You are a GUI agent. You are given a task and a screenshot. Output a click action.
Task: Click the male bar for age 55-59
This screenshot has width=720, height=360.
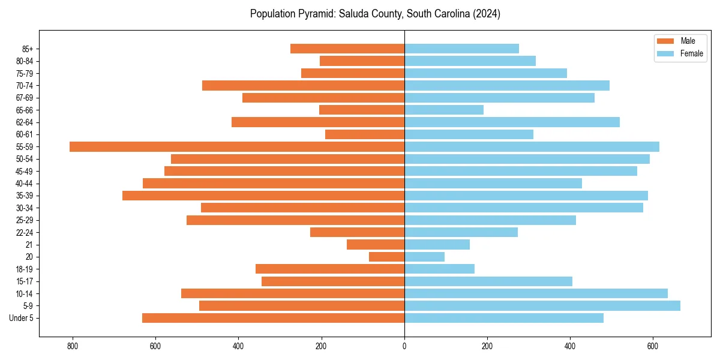[x=237, y=146]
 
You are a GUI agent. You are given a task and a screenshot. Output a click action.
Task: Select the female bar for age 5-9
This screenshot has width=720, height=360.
[x=542, y=305]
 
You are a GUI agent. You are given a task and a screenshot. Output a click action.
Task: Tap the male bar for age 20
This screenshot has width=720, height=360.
[x=386, y=257]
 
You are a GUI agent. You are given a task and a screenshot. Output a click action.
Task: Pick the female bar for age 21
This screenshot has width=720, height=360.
[x=437, y=244]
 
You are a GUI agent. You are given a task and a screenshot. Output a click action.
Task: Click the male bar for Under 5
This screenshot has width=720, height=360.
[x=273, y=318]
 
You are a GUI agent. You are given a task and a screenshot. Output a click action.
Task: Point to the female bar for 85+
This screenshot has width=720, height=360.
[x=461, y=49]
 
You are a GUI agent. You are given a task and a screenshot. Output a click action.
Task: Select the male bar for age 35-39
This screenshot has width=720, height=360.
[x=263, y=196]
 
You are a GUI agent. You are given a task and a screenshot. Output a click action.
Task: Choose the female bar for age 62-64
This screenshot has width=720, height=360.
[x=512, y=122]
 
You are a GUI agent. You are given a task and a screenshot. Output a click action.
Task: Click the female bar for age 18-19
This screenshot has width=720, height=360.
[x=439, y=269]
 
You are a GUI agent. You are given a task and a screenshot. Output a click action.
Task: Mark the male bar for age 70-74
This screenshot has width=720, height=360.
[x=303, y=85]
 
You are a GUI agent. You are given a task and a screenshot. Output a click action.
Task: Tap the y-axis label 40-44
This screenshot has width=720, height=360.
[x=25, y=184]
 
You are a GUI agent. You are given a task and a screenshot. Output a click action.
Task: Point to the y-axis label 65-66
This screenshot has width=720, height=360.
[x=25, y=110]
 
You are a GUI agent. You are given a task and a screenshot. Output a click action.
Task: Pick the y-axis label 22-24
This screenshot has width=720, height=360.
[x=25, y=232]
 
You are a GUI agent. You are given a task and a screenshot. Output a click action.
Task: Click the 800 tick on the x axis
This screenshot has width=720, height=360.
[x=73, y=346]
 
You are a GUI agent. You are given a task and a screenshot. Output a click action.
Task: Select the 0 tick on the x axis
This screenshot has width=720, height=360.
[x=404, y=346]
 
